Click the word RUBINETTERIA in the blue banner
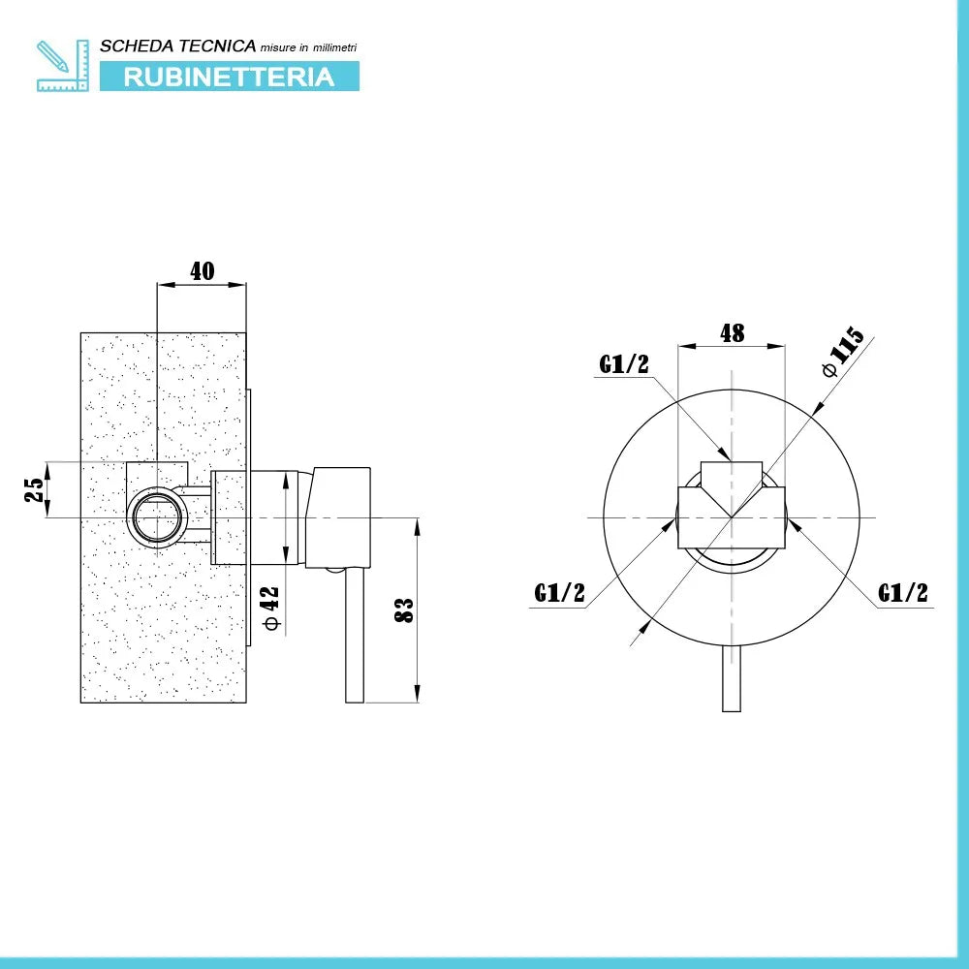(229, 77)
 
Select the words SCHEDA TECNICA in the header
(178, 46)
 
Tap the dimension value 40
(202, 271)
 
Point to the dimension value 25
(34, 490)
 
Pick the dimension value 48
(732, 332)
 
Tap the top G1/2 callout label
(622, 364)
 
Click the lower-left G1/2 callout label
(560, 592)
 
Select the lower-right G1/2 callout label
(903, 592)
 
